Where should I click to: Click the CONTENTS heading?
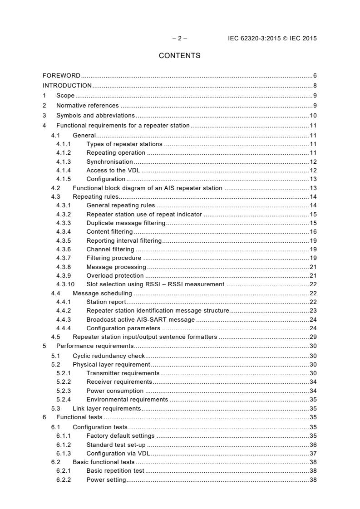tap(179, 56)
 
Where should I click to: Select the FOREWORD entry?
tap(61, 75)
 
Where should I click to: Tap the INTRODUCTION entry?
tap(67, 85)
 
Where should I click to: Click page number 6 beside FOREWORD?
tap(315, 75)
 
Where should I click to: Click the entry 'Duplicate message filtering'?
tap(126, 223)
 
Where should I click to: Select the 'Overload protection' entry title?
tap(115, 275)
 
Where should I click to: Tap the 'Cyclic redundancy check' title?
tap(108, 356)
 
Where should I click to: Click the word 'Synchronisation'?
tap(109, 162)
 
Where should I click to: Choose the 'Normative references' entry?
tap(88, 105)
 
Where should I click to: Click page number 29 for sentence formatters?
tap(313, 337)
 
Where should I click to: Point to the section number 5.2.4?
tap(63, 399)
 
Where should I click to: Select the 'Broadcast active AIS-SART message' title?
tap(140, 319)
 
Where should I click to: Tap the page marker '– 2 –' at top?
tap(179, 39)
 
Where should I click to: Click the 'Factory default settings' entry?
tap(120, 436)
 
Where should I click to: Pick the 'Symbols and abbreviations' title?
tap(95, 115)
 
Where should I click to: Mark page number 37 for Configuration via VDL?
tap(313, 453)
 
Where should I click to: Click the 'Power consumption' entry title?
tap(115, 391)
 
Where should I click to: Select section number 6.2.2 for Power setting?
tap(63, 480)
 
